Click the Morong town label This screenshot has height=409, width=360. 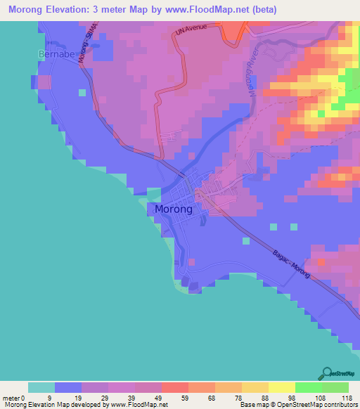pos(172,209)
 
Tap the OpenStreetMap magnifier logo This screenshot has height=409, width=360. pos(327,372)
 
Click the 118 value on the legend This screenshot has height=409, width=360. pos(345,398)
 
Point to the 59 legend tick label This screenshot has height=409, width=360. pos(185,398)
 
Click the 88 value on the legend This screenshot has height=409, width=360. pos(264,398)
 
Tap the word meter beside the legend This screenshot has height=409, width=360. pos(11,398)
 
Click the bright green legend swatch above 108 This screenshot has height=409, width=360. pos(308,387)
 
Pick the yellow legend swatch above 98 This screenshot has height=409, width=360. pos(281,387)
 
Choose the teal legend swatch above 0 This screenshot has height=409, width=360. pos(41,387)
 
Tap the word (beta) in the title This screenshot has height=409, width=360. pos(265,10)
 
